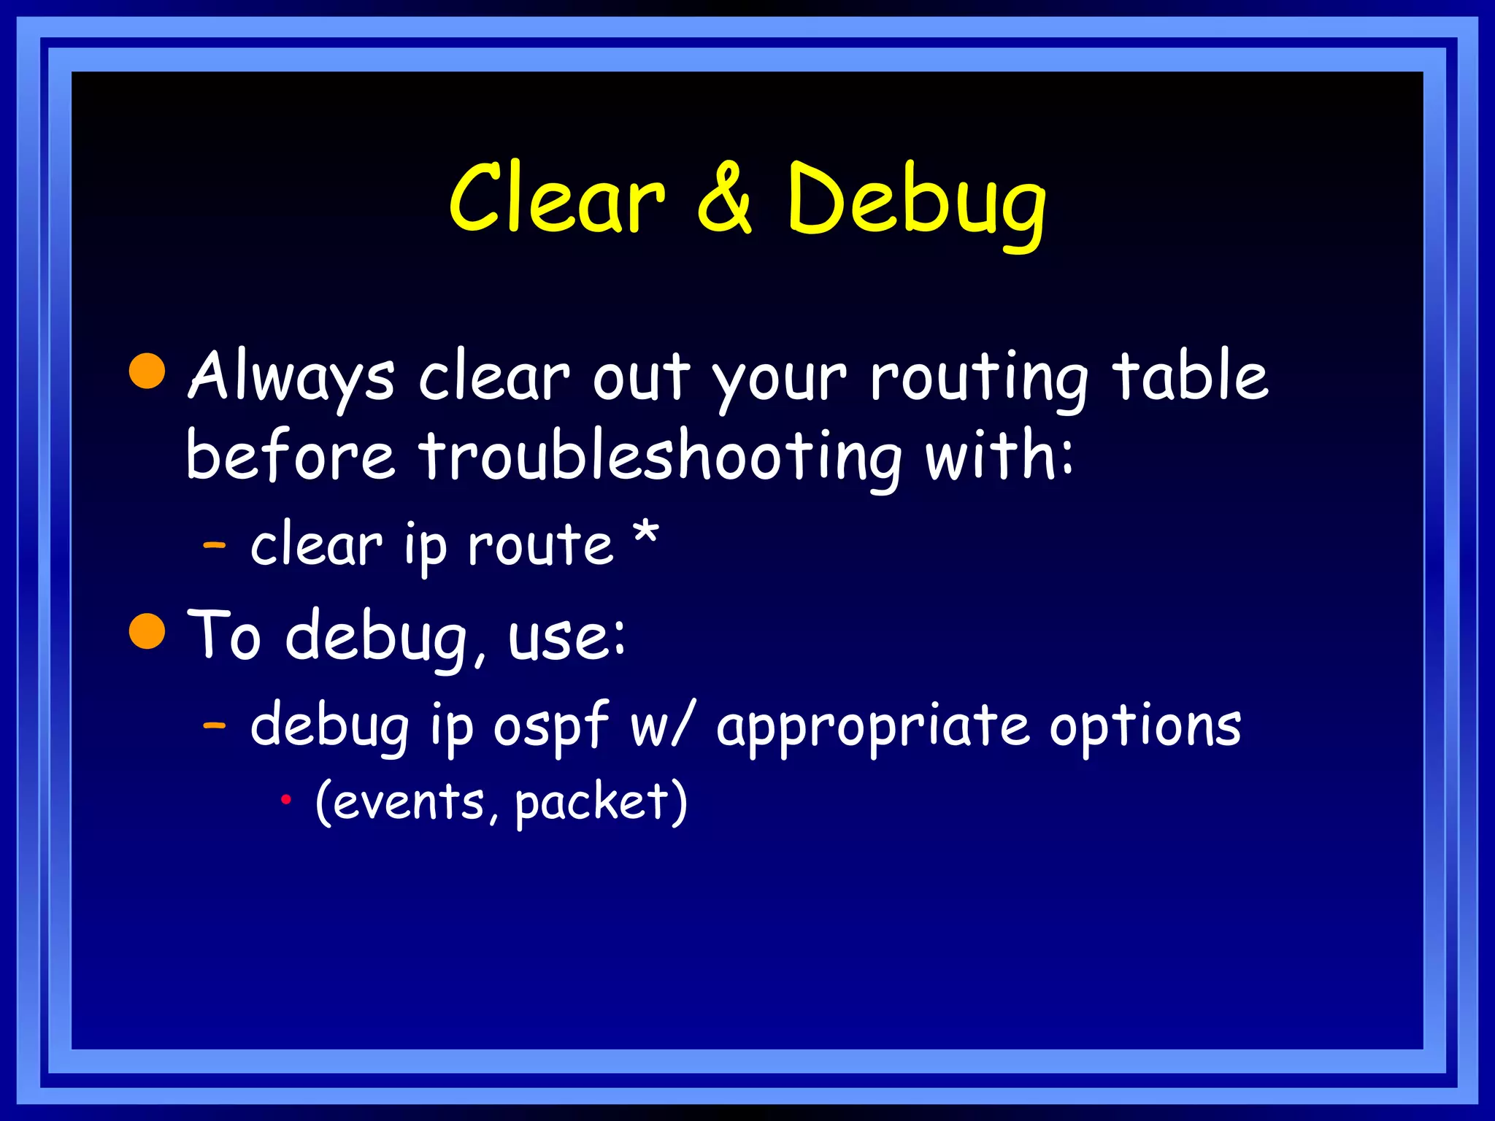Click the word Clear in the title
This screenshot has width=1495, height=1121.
tap(556, 199)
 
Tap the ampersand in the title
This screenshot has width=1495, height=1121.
tap(723, 199)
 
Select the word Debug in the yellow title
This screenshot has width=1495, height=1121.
tap(916, 201)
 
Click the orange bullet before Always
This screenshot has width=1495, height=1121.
tap(147, 371)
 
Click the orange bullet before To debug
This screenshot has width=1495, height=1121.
tap(147, 631)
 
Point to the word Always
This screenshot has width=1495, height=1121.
tap(291, 377)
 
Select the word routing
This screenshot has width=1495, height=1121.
tap(979, 377)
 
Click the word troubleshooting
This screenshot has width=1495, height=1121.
tap(660, 457)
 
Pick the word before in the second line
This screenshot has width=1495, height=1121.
tap(291, 455)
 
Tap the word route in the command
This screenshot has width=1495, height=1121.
tap(540, 545)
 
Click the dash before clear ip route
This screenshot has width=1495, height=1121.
tap(215, 545)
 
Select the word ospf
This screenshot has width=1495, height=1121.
tap(551, 727)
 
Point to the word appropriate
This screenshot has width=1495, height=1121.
tap(872, 727)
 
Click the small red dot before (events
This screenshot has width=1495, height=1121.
tap(286, 801)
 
